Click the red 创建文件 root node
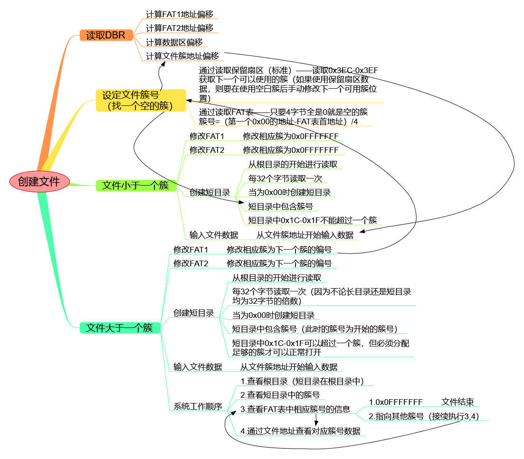(39, 181)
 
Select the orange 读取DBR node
(106, 35)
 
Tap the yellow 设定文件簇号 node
(141, 100)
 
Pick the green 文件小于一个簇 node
(135, 185)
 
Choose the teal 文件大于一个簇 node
(119, 328)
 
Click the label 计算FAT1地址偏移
(179, 14)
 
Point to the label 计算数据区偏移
(174, 42)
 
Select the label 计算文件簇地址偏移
(182, 56)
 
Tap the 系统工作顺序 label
(198, 406)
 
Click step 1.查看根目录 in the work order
(302, 381)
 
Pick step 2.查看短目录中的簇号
(280, 395)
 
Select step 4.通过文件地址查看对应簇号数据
(300, 431)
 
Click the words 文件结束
(457, 402)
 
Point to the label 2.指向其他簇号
(396, 416)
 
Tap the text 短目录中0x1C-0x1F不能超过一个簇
(313, 220)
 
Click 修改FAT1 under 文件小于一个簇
(207, 136)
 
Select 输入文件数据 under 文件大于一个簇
(198, 367)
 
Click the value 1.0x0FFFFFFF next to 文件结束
(395, 402)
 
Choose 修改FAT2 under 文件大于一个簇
(191, 263)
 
